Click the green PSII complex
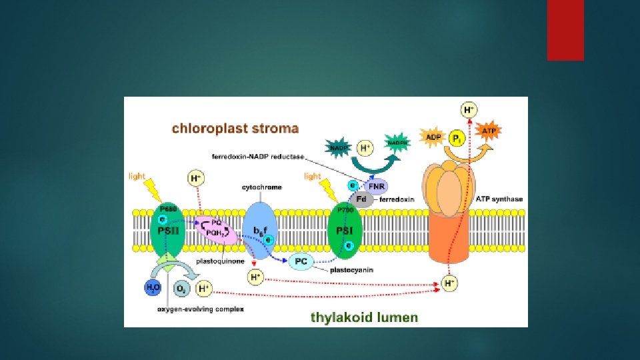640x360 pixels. (167, 233)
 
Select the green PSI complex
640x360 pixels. (346, 231)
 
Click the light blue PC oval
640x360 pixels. (301, 261)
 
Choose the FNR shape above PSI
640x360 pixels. (377, 187)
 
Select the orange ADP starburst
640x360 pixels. (431, 137)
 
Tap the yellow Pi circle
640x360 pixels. (457, 139)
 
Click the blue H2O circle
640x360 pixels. (154, 288)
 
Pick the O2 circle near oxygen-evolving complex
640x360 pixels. (181, 289)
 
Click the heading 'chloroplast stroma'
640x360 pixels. (235, 128)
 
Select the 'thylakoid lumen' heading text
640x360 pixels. (365, 317)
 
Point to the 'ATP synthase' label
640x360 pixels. (501, 199)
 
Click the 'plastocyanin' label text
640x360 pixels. (354, 269)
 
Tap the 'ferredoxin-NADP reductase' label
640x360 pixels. (257, 157)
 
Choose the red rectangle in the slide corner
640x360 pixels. (565, 29)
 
